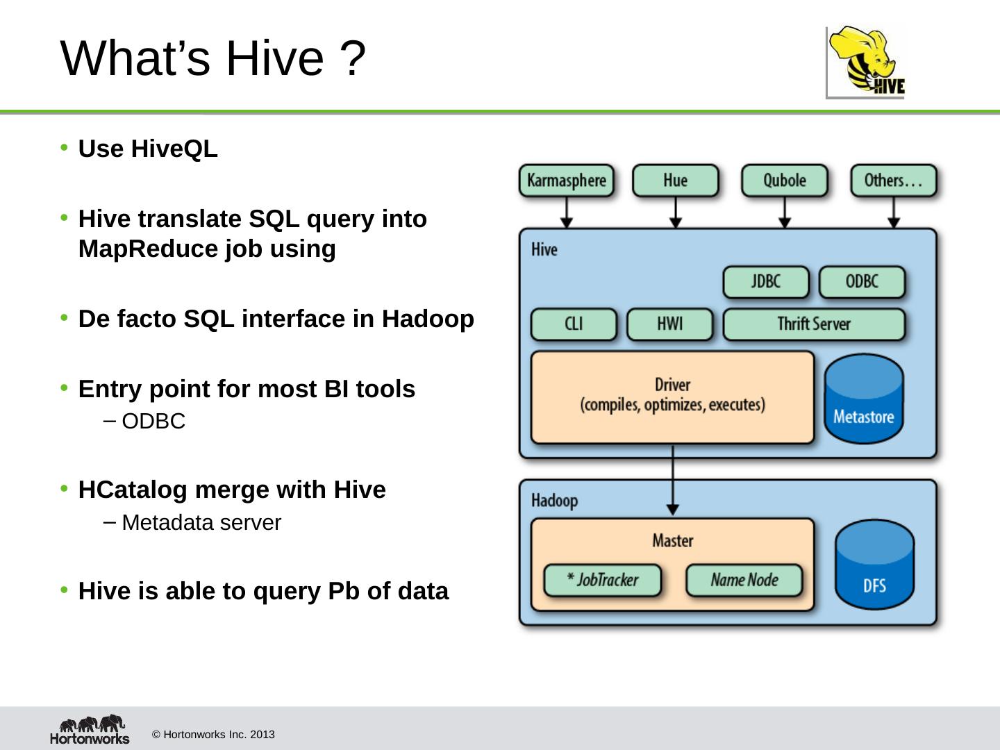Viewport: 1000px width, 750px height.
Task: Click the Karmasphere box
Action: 567,181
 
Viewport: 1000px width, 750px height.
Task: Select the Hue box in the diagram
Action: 675,181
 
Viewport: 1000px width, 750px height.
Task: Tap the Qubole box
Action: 784,181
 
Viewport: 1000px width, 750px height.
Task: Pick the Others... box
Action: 893,181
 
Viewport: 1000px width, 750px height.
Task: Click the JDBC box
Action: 766,282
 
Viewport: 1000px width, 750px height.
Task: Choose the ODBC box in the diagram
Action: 862,282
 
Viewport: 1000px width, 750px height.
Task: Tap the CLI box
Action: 574,324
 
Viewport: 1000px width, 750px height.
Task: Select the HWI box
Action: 669,324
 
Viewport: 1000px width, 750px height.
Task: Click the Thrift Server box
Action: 814,324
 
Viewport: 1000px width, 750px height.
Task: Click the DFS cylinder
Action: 874,565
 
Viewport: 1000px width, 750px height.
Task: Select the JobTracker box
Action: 603,581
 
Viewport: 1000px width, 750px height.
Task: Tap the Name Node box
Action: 744,581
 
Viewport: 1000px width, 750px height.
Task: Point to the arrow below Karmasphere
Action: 567,212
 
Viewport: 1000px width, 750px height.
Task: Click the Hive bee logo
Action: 866,62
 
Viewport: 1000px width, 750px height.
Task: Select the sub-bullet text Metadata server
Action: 201,523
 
